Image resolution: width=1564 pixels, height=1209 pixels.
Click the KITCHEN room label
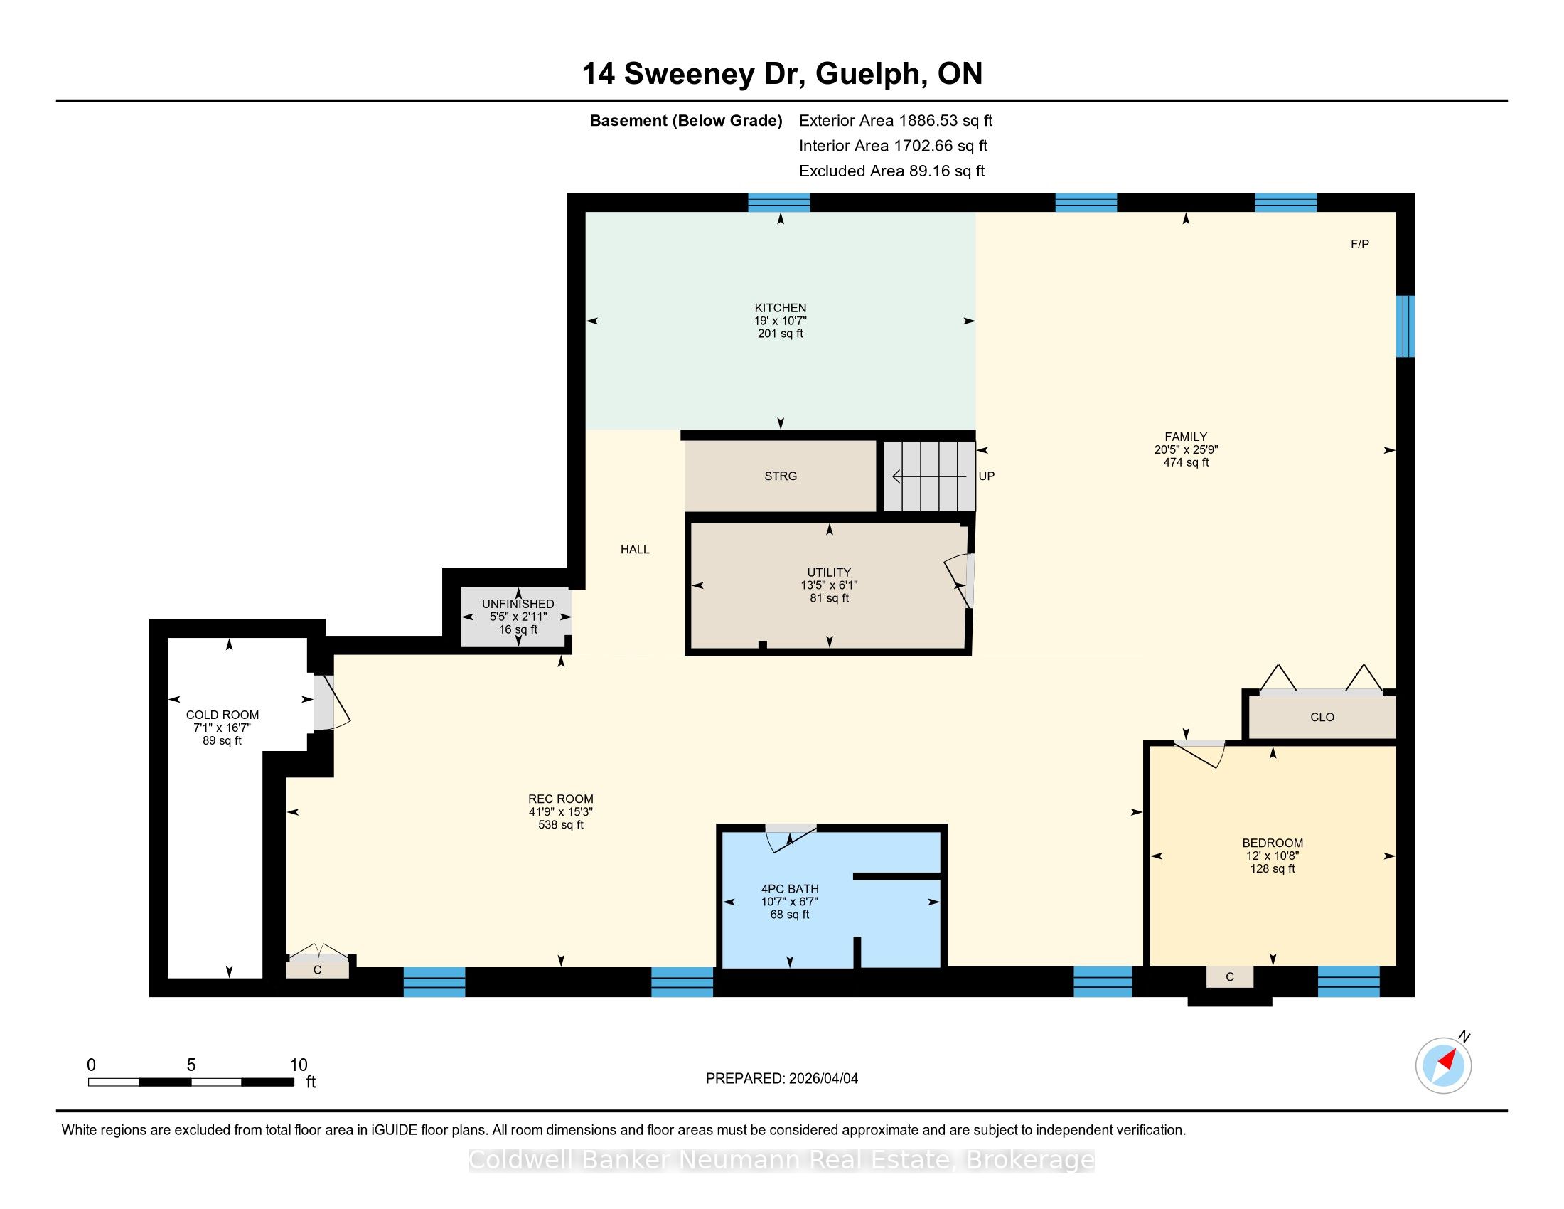780,308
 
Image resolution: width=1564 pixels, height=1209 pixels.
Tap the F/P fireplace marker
1359,244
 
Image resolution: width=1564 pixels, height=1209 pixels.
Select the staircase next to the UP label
929,476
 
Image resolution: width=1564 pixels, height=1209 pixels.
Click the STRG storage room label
780,476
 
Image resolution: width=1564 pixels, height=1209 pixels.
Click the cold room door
330,703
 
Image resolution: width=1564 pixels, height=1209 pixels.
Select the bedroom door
1199,753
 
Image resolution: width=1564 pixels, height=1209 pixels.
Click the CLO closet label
1322,717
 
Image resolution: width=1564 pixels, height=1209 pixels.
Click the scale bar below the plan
191,1082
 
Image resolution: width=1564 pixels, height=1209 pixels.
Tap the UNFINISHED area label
518,604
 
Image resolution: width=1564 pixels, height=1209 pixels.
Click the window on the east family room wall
1405,326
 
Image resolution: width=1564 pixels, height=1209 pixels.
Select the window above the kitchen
778,203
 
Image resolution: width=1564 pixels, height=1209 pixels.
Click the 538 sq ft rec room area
561,824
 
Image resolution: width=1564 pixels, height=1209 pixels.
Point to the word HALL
635,549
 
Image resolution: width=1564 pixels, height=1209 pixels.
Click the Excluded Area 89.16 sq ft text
891,171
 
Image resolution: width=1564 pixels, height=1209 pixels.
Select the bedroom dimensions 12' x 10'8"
1273,856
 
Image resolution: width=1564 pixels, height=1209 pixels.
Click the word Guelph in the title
867,74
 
